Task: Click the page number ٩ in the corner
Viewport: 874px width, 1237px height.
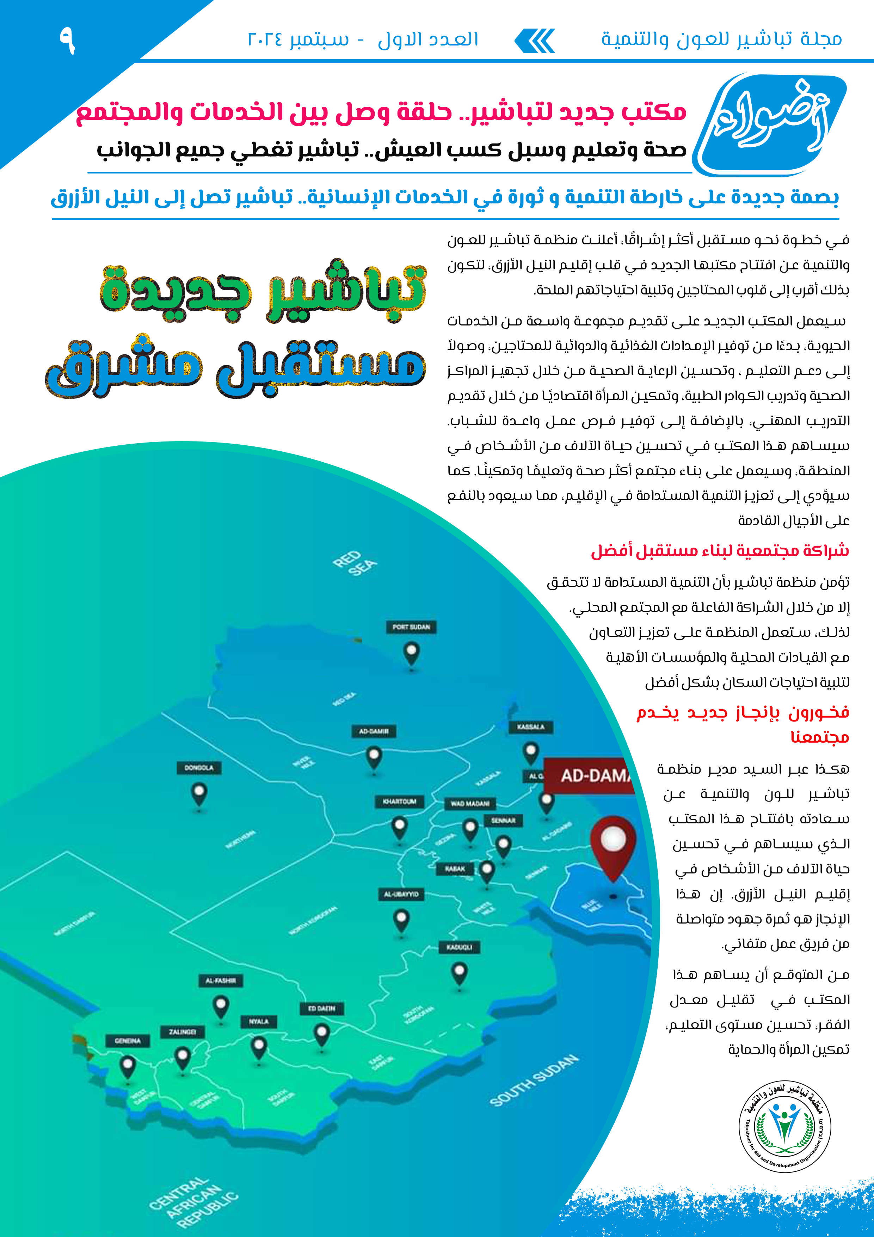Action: click(67, 41)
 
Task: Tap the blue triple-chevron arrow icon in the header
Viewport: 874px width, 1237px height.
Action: click(535, 41)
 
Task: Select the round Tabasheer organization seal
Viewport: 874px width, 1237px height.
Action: click(784, 1126)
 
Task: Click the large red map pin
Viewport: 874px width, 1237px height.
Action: click(613, 847)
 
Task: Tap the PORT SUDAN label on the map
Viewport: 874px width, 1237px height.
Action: click(411, 627)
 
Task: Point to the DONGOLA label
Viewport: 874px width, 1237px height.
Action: click(199, 767)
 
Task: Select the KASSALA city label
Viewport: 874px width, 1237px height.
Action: click(530, 727)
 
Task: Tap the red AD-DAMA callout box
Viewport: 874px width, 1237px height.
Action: click(590, 775)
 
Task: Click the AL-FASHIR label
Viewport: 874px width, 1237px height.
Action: click(220, 981)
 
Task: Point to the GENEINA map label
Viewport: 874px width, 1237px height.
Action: click(128, 1041)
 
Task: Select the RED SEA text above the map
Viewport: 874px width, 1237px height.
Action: click(354, 563)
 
